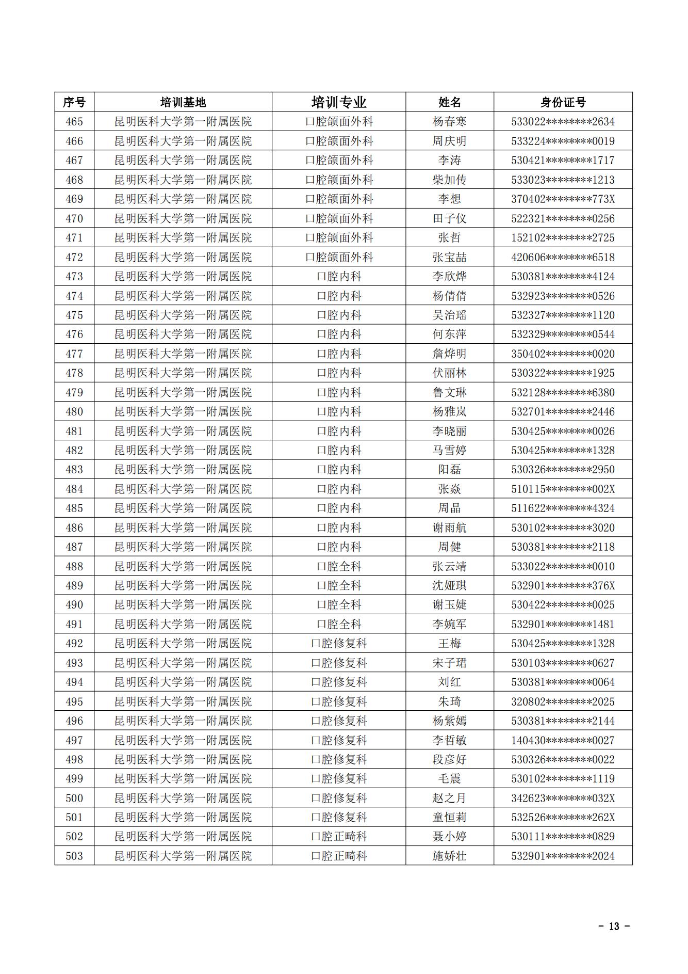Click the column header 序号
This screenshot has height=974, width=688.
click(x=74, y=102)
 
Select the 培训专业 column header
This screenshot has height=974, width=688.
click(x=339, y=102)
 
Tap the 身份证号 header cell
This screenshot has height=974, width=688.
click(x=563, y=102)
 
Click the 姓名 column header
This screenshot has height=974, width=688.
click(x=449, y=102)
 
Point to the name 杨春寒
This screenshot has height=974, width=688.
click(x=449, y=122)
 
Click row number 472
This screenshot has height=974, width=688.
click(x=74, y=257)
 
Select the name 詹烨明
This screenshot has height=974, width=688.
click(x=449, y=354)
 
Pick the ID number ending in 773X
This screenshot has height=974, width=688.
click(x=563, y=199)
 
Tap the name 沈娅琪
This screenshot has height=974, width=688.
click(x=449, y=585)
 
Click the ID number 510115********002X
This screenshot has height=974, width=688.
click(x=563, y=489)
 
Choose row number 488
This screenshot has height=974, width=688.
click(x=74, y=566)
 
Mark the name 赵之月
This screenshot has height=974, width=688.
click(x=449, y=798)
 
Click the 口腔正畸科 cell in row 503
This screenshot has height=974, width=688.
click(x=339, y=856)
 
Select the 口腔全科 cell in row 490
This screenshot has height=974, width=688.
click(x=339, y=604)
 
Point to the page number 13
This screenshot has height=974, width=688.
click(x=613, y=926)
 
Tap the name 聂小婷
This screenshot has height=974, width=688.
click(x=449, y=836)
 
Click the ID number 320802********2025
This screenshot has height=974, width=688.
click(x=563, y=701)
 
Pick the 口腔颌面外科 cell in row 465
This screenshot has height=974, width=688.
click(x=339, y=122)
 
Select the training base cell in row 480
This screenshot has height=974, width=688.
click(x=183, y=411)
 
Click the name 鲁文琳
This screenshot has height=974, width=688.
click(x=449, y=392)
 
